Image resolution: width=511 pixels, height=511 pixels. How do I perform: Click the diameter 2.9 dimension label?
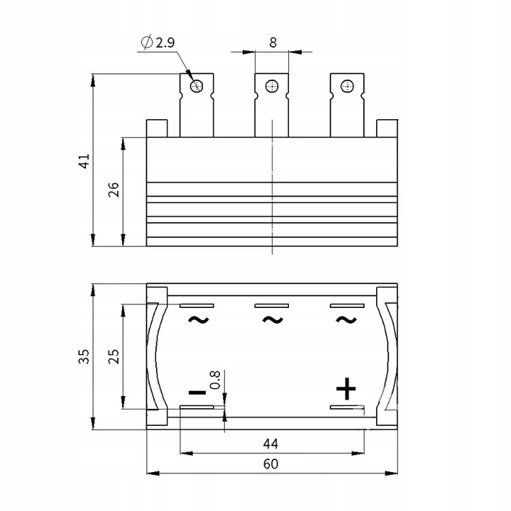coord(160,43)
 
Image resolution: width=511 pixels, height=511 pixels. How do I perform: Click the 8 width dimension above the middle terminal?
coord(272,42)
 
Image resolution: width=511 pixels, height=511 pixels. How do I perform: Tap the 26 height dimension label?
coord(114,190)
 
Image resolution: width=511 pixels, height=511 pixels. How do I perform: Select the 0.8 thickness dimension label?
coord(215,380)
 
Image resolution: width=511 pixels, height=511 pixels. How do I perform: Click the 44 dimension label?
coord(270,444)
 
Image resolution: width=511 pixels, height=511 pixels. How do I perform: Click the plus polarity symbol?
coord(346,389)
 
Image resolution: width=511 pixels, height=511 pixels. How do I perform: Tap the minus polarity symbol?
coord(197,392)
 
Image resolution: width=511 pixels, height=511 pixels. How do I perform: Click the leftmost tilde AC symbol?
coord(198,319)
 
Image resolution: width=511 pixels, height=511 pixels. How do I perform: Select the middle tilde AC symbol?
coord(272,319)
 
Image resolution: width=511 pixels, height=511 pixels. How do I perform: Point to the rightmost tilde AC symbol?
coord(346,319)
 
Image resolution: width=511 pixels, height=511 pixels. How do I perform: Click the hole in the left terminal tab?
coord(197,87)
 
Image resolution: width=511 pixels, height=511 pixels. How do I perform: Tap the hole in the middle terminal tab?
coord(271,87)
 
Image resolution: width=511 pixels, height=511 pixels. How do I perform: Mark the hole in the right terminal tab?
coord(346,87)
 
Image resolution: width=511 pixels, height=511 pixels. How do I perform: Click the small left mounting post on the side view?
coord(157,128)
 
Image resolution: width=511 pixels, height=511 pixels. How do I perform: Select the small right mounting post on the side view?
coord(387,128)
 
